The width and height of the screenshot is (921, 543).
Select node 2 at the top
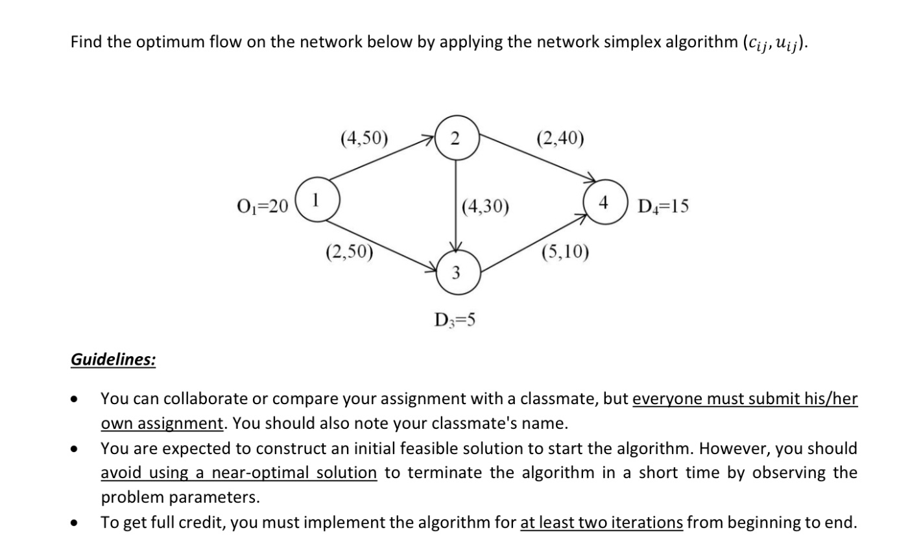pos(456,137)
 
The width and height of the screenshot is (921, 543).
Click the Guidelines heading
pos(113,359)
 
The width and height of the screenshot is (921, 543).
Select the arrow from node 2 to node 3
pos(456,204)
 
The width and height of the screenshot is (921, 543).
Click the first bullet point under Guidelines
pos(77,399)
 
